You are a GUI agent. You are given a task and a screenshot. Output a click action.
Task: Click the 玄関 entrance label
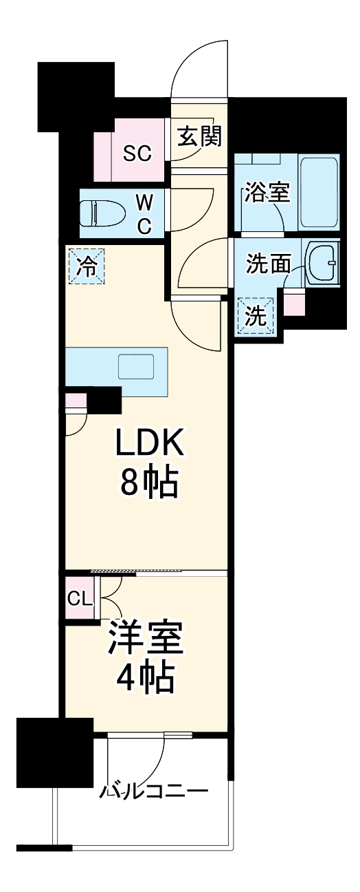click(x=199, y=137)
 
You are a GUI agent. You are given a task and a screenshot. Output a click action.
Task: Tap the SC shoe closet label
click(x=137, y=153)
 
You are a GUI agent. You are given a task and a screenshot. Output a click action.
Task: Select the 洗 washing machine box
click(x=256, y=315)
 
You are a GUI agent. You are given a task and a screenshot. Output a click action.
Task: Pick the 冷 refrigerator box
click(x=86, y=265)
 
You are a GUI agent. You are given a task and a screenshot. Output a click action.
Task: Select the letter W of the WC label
click(x=144, y=202)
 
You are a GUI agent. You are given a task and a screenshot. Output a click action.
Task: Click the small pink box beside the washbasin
click(x=294, y=303)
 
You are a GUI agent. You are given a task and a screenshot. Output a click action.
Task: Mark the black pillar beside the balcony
click(x=54, y=752)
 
